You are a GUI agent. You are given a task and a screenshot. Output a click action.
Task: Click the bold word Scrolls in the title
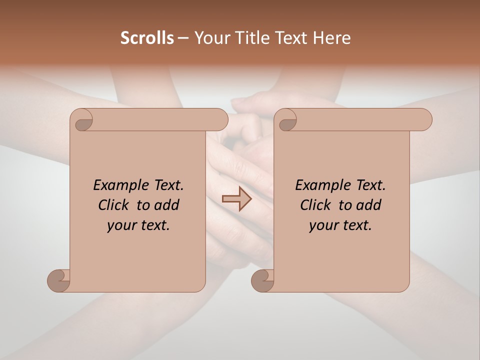point(147,38)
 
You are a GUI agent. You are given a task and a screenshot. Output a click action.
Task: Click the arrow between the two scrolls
point(236,199)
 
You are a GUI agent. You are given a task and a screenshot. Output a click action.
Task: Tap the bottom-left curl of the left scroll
point(58,280)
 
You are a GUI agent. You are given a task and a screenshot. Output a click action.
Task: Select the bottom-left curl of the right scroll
point(262,280)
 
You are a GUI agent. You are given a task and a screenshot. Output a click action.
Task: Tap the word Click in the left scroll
point(113,205)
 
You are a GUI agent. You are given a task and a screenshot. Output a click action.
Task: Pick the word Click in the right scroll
point(315,205)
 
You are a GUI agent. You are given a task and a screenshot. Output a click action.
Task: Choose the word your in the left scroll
point(121,225)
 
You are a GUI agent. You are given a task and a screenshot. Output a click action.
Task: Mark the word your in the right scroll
point(323,225)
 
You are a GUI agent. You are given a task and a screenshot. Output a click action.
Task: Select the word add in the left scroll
point(166,205)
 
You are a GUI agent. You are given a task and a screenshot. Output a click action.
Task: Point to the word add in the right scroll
point(368,205)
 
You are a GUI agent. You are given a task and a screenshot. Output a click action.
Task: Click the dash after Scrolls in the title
point(183,38)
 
